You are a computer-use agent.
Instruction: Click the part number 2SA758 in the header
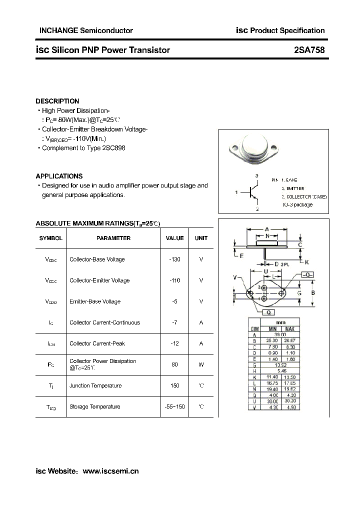click(x=309, y=50)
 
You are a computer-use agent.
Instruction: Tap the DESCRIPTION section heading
click(x=57, y=101)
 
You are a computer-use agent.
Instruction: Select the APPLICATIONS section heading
click(x=59, y=176)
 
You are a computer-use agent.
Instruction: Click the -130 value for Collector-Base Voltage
click(x=174, y=259)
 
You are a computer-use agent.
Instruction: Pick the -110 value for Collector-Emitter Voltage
click(x=174, y=280)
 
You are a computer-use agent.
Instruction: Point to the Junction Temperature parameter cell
click(x=95, y=385)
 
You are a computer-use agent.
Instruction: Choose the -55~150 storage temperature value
click(x=174, y=406)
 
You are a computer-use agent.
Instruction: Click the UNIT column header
click(x=201, y=238)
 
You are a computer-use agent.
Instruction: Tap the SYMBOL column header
click(x=51, y=238)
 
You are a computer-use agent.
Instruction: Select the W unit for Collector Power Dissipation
click(x=201, y=364)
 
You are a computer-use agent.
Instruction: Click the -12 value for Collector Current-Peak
click(x=174, y=343)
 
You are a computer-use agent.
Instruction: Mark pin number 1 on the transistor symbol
click(x=236, y=192)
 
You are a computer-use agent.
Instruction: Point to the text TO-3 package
click(x=296, y=204)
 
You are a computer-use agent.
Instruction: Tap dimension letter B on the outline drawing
click(x=313, y=292)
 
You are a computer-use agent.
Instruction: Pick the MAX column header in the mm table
click(x=290, y=328)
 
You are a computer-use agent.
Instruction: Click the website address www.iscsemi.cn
click(x=110, y=471)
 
